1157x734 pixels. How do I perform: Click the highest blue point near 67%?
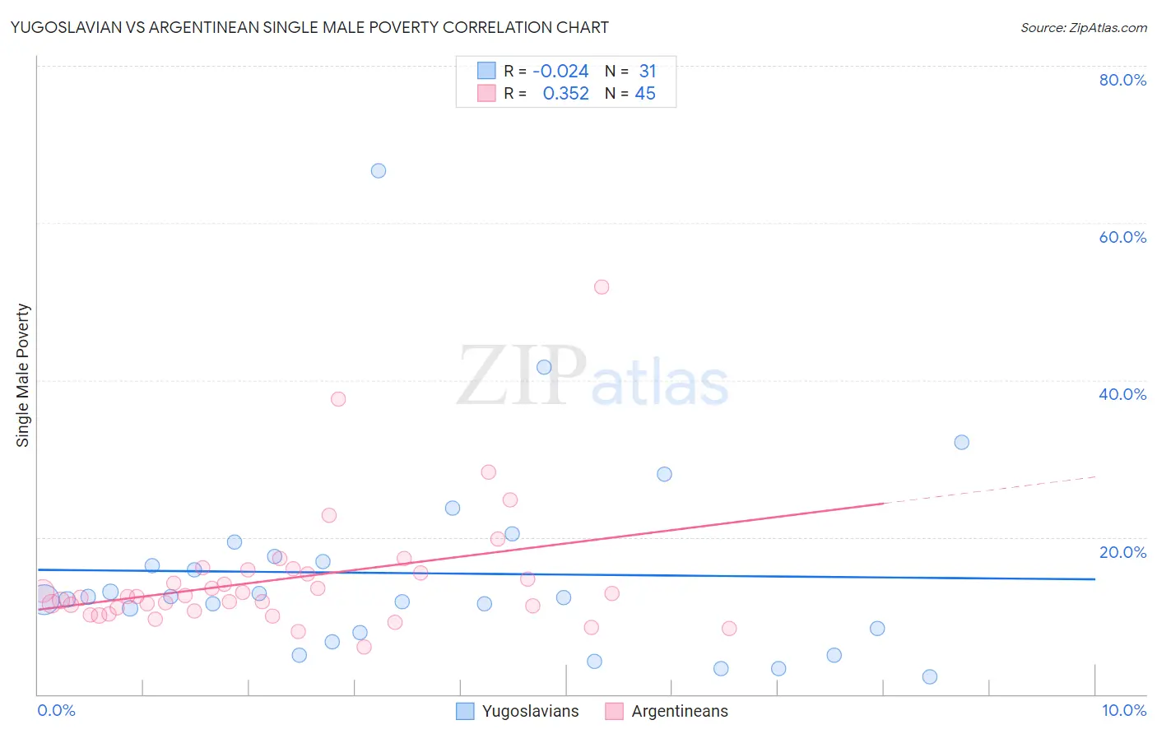(x=379, y=171)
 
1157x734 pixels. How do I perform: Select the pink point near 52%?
(x=602, y=287)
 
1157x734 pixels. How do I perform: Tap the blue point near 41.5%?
(x=544, y=367)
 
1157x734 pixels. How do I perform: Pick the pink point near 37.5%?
(x=338, y=399)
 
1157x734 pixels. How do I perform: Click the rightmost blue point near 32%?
(x=961, y=442)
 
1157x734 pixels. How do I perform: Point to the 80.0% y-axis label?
(x=1122, y=80)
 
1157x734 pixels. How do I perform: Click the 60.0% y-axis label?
(x=1122, y=237)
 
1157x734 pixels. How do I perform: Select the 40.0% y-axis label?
(x=1122, y=394)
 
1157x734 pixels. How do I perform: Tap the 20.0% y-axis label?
(x=1122, y=552)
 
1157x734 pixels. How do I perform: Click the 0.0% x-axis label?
(x=57, y=710)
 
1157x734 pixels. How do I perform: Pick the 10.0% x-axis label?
(x=1123, y=710)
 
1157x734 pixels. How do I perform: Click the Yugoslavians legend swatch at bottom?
(x=466, y=711)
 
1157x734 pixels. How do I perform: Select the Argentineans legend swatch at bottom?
(x=614, y=711)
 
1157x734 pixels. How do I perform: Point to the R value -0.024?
(x=560, y=72)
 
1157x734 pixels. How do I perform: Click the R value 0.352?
(x=565, y=94)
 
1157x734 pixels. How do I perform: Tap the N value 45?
(x=645, y=94)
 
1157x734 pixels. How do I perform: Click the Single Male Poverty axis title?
(x=23, y=375)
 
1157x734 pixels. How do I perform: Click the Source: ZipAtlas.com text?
(x=1083, y=28)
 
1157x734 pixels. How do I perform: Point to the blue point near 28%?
(x=664, y=474)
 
